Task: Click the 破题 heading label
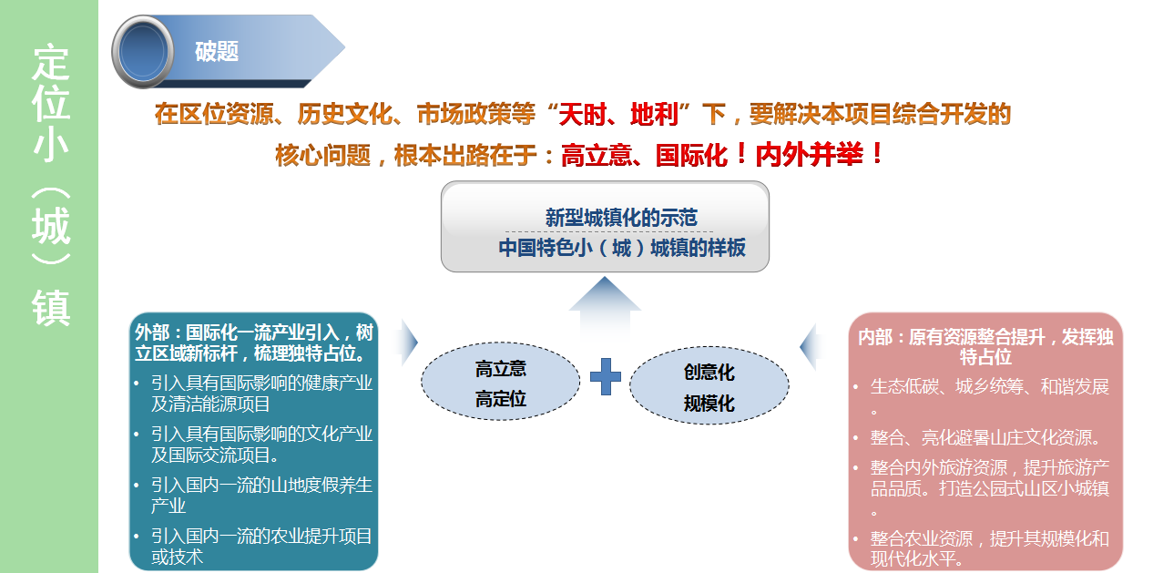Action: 217,51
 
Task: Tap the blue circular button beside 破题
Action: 143,52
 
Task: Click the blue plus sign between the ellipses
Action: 606,376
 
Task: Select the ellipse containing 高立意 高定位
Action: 501,382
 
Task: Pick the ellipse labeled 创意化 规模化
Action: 709,385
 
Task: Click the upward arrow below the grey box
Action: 605,309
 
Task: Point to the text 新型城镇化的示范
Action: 621,218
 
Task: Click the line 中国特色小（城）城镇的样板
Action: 622,248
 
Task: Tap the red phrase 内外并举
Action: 809,154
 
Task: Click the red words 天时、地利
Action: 618,114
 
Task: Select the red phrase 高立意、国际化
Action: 644,155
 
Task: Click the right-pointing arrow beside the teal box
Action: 409,343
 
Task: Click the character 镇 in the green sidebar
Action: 50,307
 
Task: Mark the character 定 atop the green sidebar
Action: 50,62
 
